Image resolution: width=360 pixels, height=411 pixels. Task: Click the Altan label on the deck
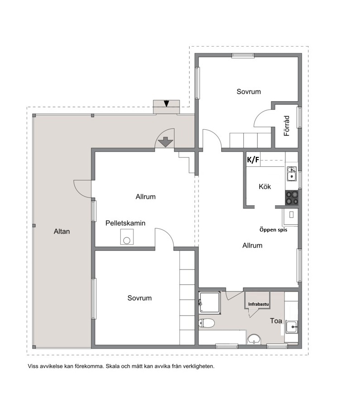(x=62, y=231)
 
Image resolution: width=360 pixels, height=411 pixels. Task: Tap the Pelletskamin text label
(x=125, y=223)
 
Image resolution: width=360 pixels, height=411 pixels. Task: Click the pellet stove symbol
(x=127, y=237)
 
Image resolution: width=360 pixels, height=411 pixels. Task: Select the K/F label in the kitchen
(x=253, y=160)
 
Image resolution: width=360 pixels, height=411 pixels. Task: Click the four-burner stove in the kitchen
(x=292, y=198)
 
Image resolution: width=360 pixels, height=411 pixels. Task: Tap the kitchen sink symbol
(x=291, y=174)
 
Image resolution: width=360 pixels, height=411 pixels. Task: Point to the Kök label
(x=265, y=187)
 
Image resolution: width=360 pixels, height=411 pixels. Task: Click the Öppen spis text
(x=273, y=230)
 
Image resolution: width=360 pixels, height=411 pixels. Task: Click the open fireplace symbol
(x=290, y=217)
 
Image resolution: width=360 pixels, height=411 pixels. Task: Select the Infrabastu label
(x=259, y=304)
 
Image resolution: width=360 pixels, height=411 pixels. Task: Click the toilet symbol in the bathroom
(x=207, y=323)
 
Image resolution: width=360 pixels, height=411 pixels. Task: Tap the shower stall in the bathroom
(x=209, y=303)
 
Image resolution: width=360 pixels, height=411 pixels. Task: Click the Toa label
(x=276, y=321)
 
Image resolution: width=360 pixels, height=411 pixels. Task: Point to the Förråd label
(x=287, y=126)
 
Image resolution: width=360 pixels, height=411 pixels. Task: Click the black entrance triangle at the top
(x=166, y=104)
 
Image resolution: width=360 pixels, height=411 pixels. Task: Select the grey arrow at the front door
(x=166, y=142)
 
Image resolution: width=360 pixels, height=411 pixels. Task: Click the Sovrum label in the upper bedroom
(x=249, y=92)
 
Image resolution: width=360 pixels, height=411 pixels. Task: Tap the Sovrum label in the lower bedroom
(x=139, y=298)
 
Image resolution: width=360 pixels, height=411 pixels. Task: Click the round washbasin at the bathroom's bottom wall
(x=254, y=339)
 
